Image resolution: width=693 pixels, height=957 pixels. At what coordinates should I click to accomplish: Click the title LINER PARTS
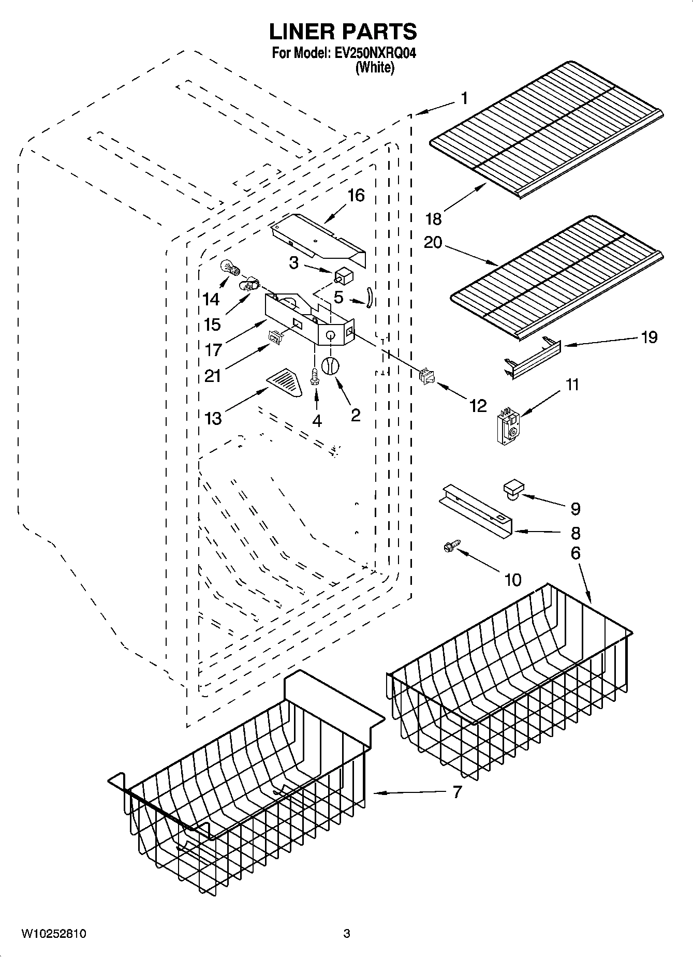point(343,32)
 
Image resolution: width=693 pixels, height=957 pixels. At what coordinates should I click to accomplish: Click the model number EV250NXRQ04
point(376,53)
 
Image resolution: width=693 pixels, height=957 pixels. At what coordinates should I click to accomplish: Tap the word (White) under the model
point(375,67)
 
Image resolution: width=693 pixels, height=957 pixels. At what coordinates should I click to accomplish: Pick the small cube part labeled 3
point(343,276)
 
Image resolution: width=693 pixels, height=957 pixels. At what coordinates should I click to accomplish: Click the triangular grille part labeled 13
point(286,382)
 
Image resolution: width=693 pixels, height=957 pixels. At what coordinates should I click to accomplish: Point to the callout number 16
point(356,195)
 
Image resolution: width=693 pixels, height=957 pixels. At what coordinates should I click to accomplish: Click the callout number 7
point(456,792)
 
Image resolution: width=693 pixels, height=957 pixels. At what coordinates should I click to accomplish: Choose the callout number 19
point(648,337)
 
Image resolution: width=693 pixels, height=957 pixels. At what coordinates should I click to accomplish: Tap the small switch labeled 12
point(427,376)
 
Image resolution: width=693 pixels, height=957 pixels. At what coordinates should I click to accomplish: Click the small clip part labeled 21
point(273,337)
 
